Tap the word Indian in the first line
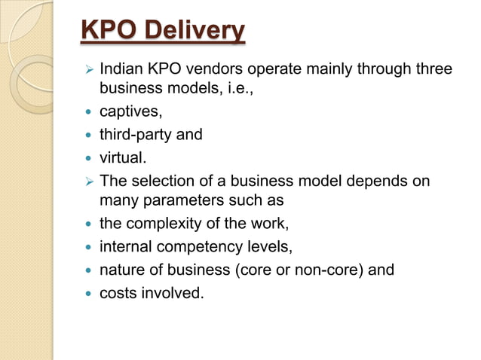[123, 70]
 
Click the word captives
[130, 112]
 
